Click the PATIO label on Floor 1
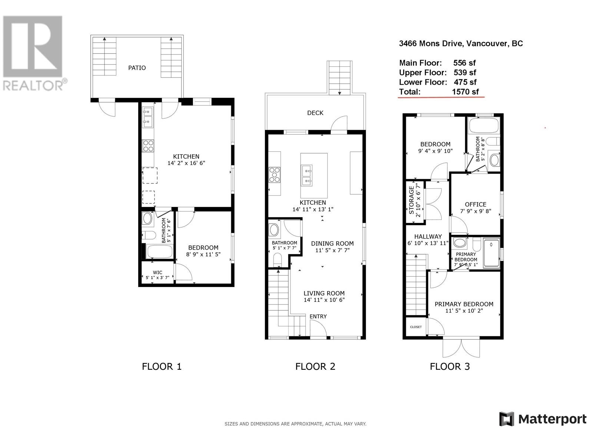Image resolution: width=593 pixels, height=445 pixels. (x=137, y=68)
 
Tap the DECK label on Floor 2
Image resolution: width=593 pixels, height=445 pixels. (x=315, y=113)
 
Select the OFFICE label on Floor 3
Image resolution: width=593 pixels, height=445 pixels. (x=476, y=204)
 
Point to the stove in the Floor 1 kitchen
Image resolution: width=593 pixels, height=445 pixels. (x=148, y=146)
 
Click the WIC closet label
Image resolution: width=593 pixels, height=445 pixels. (x=158, y=272)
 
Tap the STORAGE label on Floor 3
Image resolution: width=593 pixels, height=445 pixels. (x=411, y=200)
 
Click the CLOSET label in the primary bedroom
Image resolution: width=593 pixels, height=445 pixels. (x=416, y=327)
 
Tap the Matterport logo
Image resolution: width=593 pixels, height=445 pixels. (x=543, y=419)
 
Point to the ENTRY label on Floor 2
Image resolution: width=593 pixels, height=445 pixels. (x=318, y=316)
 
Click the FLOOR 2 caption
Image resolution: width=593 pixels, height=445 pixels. (x=315, y=367)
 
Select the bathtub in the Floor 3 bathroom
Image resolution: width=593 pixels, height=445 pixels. (x=484, y=126)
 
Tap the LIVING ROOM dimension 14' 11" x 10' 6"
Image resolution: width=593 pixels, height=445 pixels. (x=324, y=300)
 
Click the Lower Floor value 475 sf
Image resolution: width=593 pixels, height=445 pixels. (x=465, y=82)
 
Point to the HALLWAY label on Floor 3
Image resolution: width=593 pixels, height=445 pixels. (x=428, y=237)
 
